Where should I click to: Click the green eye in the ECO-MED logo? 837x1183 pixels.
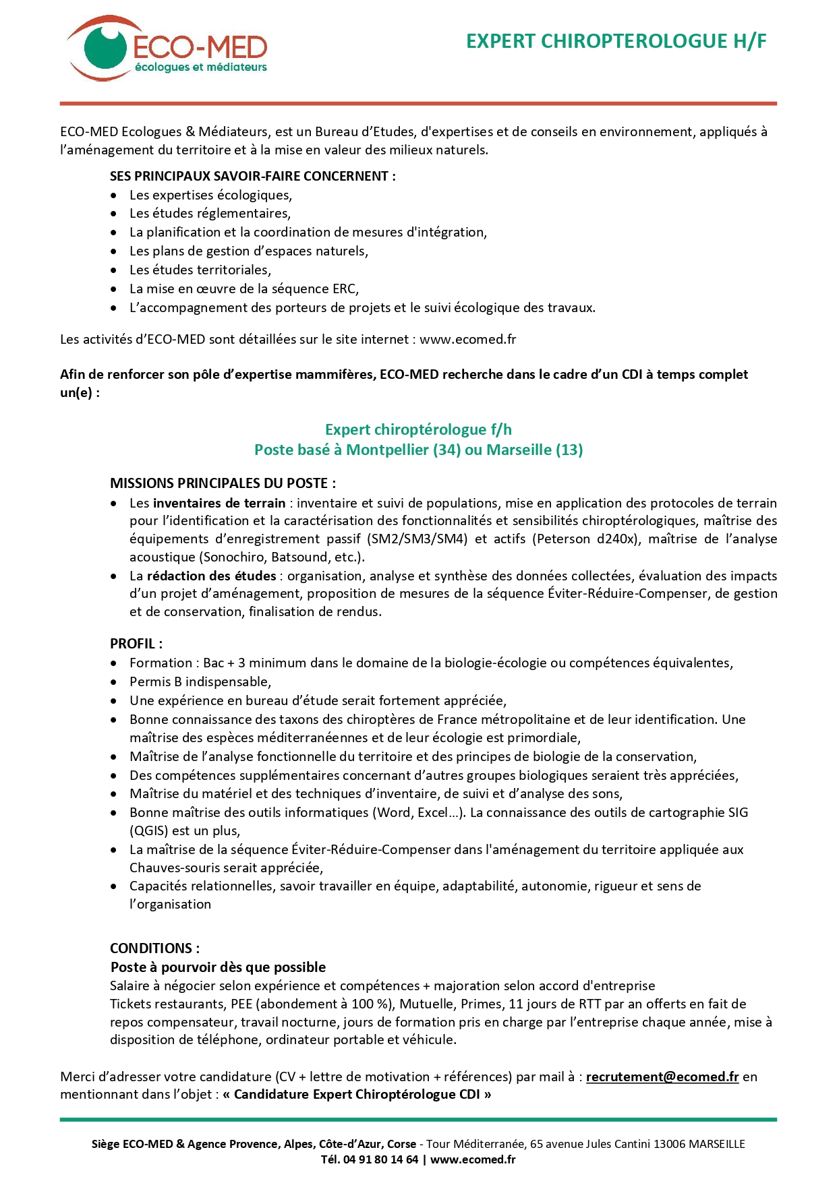106,47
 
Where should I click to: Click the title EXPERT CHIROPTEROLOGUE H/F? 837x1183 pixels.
616,42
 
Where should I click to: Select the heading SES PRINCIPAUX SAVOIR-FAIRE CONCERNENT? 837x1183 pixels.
252,177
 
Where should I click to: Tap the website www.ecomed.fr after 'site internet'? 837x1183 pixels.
467,340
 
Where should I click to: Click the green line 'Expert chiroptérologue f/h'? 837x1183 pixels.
418,430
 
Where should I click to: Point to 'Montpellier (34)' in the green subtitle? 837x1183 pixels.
403,450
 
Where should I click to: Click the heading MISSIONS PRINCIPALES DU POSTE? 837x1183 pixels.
223,483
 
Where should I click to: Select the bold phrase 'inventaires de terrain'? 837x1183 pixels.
219,504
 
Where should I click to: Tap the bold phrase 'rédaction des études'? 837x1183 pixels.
212,576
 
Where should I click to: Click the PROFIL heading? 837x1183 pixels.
136,644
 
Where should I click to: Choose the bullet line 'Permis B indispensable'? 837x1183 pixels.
200,682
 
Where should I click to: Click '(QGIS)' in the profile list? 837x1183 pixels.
149,831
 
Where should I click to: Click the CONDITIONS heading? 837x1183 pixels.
154,948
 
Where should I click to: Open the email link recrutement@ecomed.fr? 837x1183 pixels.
662,1077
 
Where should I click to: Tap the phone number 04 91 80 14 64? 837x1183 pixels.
380,1160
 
